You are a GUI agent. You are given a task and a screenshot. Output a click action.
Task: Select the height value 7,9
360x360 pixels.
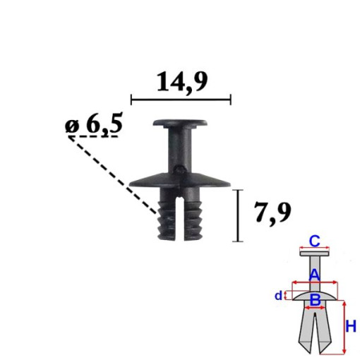pos(271,212)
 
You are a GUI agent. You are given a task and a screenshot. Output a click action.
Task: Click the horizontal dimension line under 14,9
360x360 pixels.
pos(181,100)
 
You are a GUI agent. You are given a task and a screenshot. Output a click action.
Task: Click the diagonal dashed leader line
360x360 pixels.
pos(113,173)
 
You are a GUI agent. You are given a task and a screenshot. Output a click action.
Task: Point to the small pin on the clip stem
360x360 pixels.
pos(182,169)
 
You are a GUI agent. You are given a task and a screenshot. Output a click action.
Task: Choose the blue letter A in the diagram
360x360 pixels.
pos(315,274)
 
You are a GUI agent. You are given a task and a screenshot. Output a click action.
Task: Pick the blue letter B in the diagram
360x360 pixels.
pos(316,300)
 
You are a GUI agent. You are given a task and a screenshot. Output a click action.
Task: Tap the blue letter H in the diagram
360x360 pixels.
pos(352,325)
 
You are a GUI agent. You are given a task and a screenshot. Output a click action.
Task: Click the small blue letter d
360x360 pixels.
pos(280,295)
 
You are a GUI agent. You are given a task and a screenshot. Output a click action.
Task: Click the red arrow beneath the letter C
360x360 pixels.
pos(316,248)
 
